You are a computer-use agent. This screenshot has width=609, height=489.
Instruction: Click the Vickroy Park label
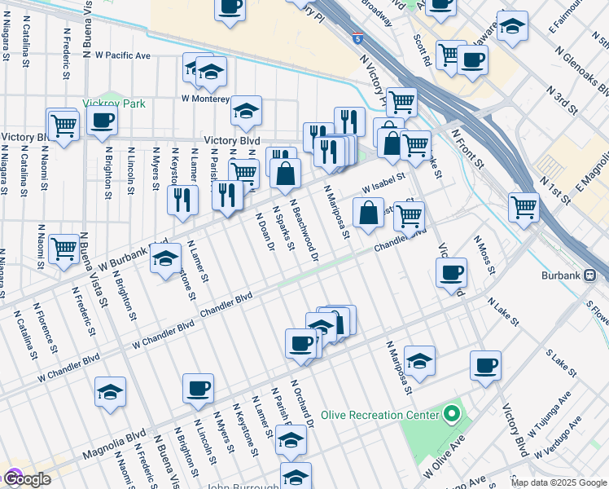coord(114,104)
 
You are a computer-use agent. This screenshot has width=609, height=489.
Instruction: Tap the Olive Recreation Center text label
coord(379,415)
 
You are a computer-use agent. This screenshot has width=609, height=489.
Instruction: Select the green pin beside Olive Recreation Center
coord(453,415)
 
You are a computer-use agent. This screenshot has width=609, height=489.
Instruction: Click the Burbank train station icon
coord(598,275)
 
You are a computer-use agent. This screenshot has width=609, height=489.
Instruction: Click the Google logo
coord(26,479)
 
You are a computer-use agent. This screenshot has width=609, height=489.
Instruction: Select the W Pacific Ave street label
coord(123,55)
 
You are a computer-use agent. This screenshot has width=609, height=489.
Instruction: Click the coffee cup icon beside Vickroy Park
coord(102,121)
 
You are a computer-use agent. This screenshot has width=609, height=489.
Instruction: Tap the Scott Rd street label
coord(422,51)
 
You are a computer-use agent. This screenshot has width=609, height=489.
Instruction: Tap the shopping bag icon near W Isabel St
coord(368,213)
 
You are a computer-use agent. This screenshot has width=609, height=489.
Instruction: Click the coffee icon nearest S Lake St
coord(485,365)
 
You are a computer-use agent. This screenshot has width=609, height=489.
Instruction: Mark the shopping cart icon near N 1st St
coord(524,206)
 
